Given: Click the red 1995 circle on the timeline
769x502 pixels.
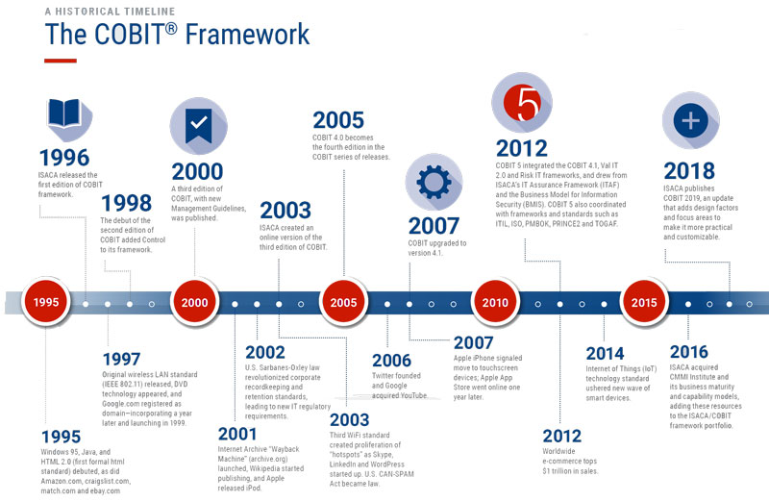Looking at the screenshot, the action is point(46,302).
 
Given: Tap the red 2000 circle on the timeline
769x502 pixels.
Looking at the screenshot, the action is point(195,302).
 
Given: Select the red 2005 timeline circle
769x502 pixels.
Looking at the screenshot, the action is point(343,302).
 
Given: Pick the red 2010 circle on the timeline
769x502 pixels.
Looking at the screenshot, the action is point(495,302).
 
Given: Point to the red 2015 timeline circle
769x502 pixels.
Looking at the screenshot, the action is point(644,302).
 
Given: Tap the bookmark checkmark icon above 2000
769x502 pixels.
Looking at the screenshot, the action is point(199,126).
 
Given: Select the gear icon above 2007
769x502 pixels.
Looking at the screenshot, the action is point(434,182).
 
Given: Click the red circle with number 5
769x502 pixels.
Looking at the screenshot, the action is point(522,103).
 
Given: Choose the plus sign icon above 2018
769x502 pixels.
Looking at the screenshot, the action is point(690,121).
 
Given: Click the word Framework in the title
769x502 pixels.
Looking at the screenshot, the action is point(247,35).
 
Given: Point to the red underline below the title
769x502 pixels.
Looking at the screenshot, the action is point(61,61).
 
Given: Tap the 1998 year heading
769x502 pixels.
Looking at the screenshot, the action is point(127,203).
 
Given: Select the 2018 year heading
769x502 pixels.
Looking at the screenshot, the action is point(689,171).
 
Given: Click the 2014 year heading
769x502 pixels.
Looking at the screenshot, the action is point(605,353).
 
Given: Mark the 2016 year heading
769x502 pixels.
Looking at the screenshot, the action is point(688,352).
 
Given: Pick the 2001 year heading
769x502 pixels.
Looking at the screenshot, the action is point(236,434).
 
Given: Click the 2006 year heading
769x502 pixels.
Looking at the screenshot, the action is point(391,361).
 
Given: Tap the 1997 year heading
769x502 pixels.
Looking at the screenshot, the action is point(121,360).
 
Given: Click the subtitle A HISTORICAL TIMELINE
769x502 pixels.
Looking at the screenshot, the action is point(110,12).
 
